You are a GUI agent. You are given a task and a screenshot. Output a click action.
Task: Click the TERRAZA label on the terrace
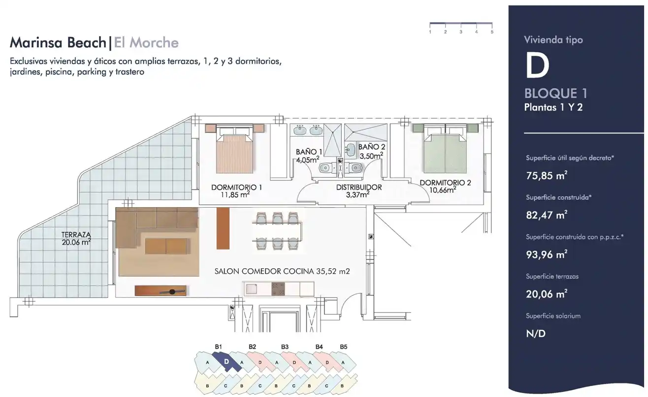76,234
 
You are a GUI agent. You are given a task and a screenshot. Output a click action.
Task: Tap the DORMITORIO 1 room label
236,187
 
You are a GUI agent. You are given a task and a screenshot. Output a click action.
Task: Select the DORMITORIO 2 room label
445,183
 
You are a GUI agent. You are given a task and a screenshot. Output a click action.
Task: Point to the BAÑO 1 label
309,152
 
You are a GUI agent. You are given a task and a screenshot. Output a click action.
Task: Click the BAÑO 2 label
372,147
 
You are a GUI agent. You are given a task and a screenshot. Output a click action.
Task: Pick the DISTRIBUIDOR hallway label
358,187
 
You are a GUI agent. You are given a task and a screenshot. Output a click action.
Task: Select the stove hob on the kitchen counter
278,289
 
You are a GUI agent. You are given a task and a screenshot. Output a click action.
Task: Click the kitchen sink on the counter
252,289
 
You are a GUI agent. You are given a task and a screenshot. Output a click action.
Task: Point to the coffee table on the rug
166,246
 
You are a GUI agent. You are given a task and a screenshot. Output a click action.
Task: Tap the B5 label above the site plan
343,347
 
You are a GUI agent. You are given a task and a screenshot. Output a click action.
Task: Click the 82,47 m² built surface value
547,215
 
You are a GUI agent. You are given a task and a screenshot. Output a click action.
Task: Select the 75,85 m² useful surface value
547,176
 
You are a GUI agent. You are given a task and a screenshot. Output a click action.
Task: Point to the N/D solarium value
536,333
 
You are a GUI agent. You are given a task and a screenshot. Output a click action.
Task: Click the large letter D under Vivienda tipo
537,66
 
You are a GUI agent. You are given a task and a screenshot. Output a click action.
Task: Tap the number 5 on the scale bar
492,32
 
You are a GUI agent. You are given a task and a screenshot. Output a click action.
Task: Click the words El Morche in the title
146,42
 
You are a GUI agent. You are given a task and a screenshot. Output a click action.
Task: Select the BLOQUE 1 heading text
556,93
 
